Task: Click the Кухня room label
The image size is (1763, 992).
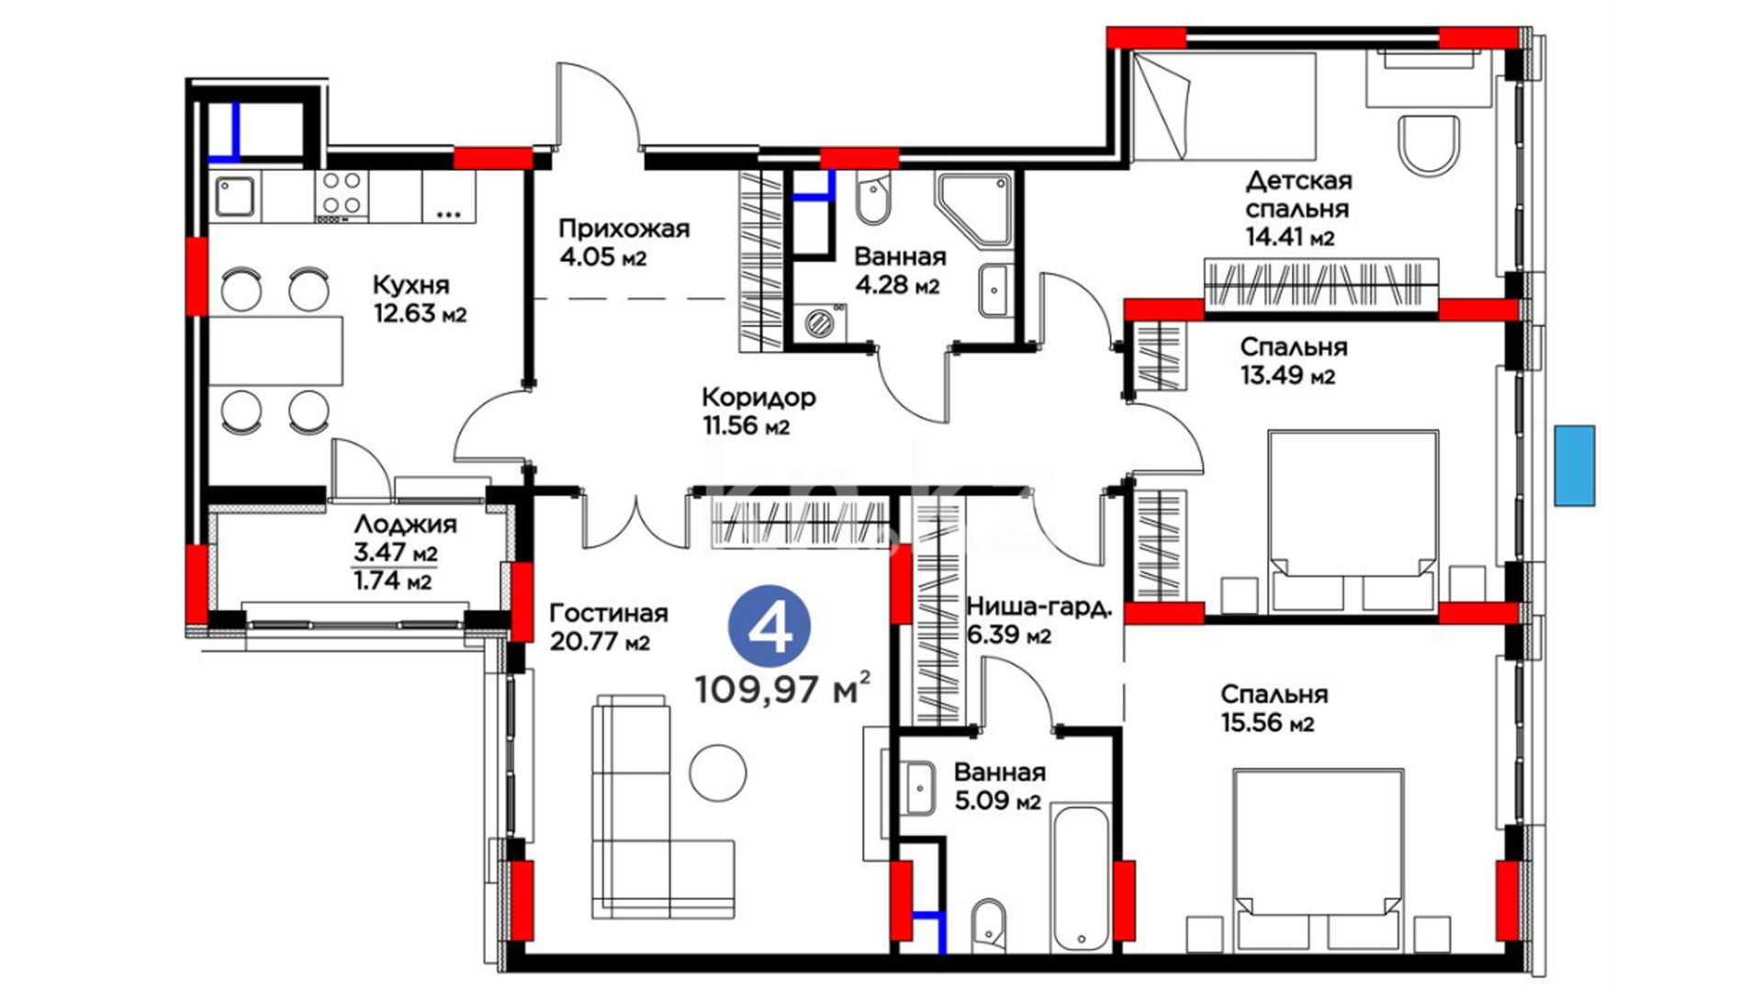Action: tap(411, 284)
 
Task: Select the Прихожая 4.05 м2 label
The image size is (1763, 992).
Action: tap(623, 242)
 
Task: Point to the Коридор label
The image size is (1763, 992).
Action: tap(758, 398)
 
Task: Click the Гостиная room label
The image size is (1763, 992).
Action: tap(608, 613)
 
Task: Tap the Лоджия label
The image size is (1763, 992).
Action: tap(405, 525)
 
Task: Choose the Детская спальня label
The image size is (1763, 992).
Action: tap(1297, 195)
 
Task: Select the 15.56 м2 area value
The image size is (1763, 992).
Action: tap(1267, 724)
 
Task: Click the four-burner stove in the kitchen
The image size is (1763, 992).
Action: tap(342, 196)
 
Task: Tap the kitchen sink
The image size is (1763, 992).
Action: tap(235, 196)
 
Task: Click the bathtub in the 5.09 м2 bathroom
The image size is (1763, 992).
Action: tap(1081, 878)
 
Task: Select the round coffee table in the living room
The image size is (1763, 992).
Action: tap(718, 772)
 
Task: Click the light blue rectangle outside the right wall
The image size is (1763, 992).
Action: tap(1574, 466)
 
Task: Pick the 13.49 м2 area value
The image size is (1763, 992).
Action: tap(1287, 377)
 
